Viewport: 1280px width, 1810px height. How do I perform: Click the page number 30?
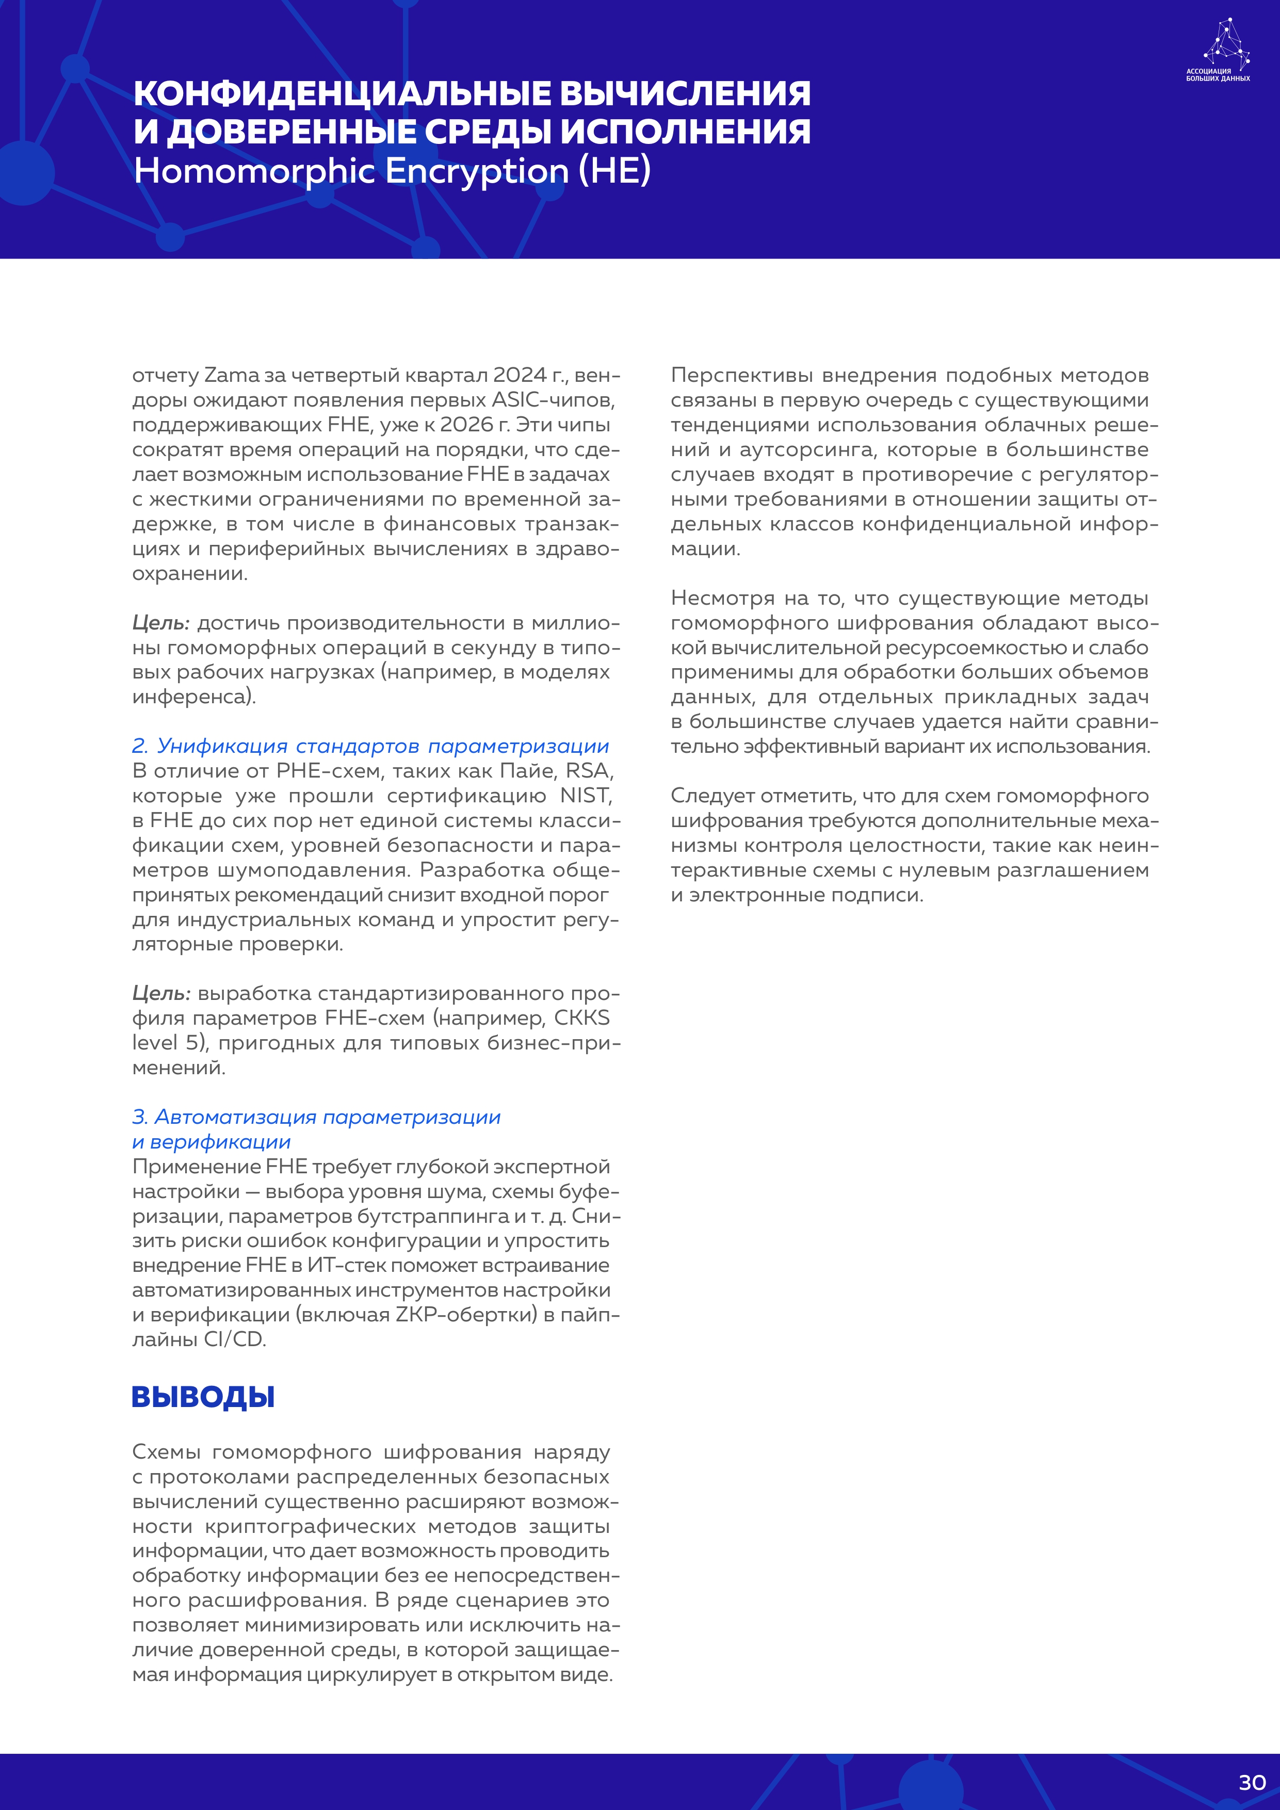[1252, 1783]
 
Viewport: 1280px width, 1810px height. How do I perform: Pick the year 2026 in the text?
[466, 425]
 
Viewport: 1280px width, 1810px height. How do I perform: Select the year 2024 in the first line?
[520, 375]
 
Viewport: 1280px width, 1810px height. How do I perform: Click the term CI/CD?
[235, 1339]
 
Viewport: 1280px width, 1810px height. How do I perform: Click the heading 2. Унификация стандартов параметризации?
[370, 746]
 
